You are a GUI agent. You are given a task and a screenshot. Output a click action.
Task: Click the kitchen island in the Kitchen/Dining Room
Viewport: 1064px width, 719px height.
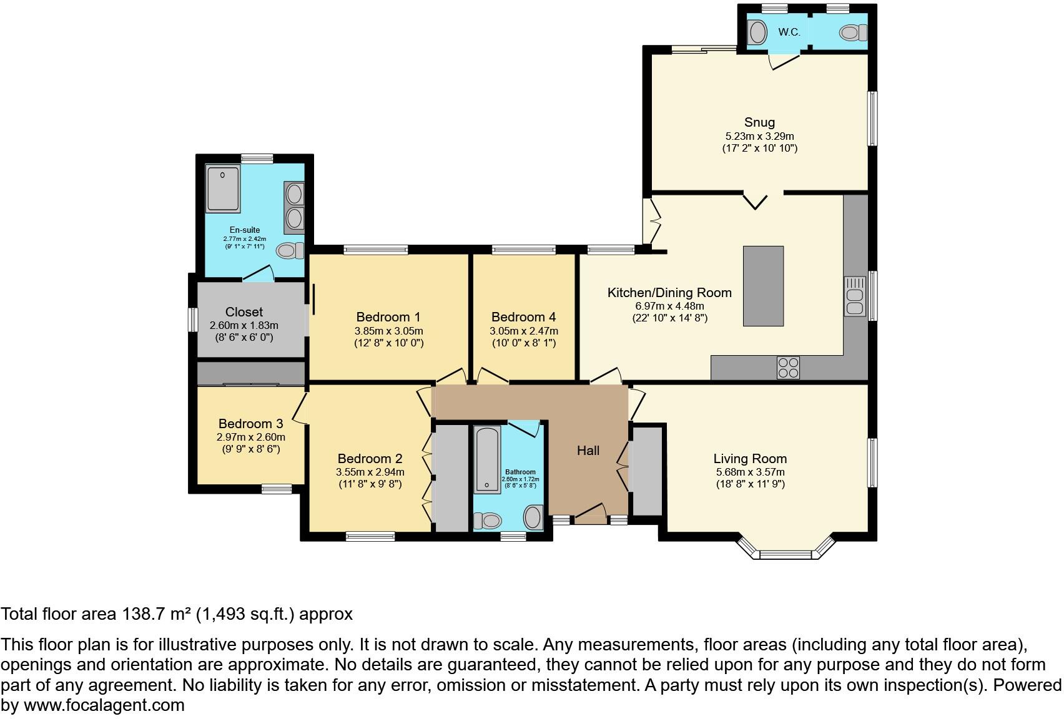(x=763, y=286)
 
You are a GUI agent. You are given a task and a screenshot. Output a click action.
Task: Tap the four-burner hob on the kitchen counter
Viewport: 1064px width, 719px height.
(x=788, y=367)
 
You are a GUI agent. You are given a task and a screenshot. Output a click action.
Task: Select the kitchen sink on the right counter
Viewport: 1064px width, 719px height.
(x=855, y=296)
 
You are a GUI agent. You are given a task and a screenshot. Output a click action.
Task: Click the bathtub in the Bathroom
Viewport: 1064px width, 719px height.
(x=486, y=459)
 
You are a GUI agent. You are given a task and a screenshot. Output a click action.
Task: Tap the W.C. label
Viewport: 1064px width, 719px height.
(x=789, y=32)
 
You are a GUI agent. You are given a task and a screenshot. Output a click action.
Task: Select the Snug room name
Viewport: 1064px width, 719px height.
(x=759, y=122)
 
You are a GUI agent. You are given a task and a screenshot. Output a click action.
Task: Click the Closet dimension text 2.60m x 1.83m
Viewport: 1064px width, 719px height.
(x=244, y=326)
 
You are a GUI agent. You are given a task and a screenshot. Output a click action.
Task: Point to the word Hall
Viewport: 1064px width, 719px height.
(x=588, y=451)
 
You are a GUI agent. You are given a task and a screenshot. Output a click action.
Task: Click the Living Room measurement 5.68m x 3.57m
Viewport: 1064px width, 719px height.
(x=750, y=472)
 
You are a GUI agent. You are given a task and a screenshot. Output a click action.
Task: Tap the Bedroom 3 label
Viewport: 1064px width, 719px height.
(x=250, y=424)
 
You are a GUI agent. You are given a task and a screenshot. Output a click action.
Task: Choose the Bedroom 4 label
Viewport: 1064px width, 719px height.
(x=523, y=317)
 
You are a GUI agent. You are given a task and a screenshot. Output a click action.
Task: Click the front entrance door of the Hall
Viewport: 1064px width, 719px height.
(x=590, y=513)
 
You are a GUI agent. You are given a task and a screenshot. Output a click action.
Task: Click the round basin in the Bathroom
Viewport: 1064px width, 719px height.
(x=533, y=517)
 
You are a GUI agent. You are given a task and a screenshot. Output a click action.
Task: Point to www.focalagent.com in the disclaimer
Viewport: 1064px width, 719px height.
(x=104, y=706)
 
